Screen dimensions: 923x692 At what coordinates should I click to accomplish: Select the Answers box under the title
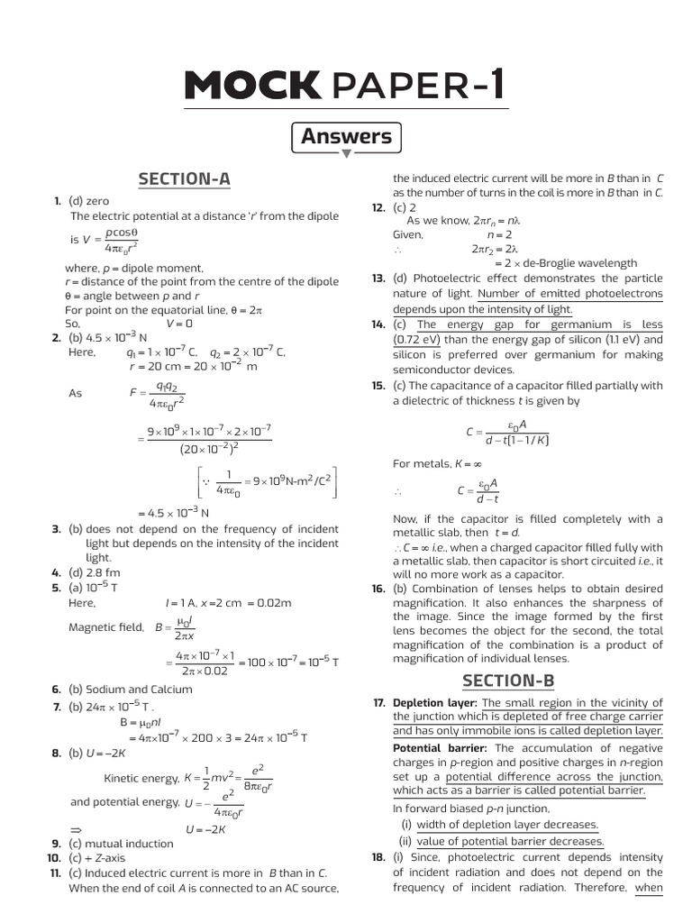click(x=346, y=137)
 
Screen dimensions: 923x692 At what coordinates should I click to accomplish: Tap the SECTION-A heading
click(x=184, y=179)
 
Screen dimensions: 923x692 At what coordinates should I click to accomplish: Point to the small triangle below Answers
click(x=346, y=154)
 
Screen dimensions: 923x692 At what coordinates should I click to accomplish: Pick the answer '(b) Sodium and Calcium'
click(x=130, y=690)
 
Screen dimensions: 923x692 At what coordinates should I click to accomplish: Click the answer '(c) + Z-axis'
click(x=104, y=858)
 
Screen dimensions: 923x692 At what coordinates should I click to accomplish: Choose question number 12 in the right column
click(x=378, y=207)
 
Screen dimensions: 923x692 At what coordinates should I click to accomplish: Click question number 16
click(x=378, y=589)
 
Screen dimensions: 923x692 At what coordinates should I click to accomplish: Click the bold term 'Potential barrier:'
click(x=442, y=748)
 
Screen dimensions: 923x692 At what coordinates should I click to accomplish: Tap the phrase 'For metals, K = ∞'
click(x=432, y=463)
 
